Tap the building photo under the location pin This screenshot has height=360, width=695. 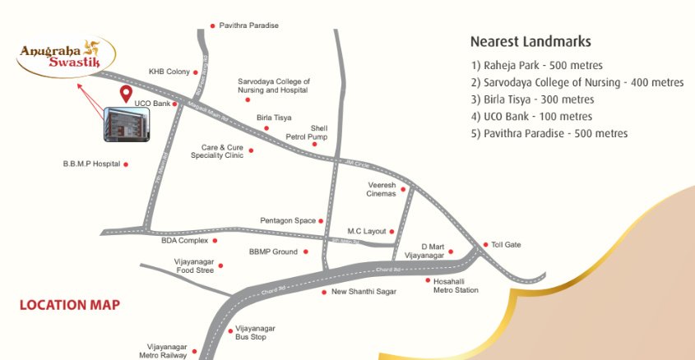[x=127, y=122]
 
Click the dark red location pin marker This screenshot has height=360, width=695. [x=127, y=94]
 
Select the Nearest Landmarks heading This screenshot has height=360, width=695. [x=531, y=41]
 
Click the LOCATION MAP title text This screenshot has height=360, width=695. [x=70, y=306]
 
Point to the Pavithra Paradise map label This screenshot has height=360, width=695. [x=248, y=25]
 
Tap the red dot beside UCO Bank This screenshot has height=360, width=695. [x=175, y=104]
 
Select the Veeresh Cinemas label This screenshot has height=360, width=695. [x=382, y=190]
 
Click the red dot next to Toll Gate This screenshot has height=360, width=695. [x=485, y=245]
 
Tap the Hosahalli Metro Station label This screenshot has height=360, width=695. [x=456, y=285]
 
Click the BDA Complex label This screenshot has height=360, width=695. [x=184, y=241]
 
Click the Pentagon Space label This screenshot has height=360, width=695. [x=288, y=221]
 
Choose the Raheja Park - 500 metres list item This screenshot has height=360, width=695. [x=537, y=65]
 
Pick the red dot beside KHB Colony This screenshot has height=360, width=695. [x=196, y=72]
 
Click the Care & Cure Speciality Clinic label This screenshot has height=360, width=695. [x=217, y=151]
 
